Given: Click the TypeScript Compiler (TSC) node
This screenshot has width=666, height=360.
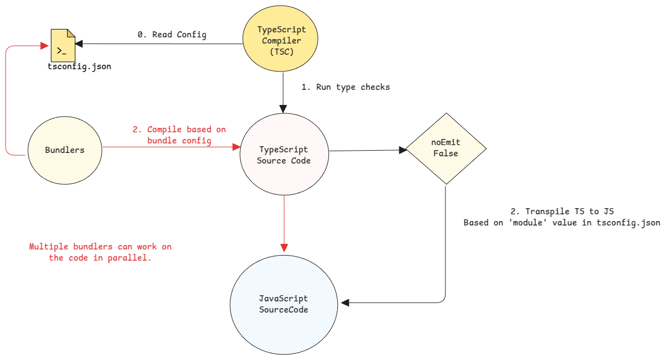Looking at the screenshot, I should pos(281,40).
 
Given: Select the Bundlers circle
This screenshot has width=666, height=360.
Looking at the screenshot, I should pos(65,150).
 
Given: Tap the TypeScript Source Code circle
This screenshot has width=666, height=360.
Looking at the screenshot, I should pos(284,155).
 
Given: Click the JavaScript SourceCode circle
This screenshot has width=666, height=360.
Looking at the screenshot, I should pos(284,304).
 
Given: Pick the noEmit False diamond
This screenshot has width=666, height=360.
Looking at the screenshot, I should pos(445,148).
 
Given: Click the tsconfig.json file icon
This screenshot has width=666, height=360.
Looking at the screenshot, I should pos(62,46).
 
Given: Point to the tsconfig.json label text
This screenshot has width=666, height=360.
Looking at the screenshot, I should pos(79,67).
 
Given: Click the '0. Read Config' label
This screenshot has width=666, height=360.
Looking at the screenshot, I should pos(172,35).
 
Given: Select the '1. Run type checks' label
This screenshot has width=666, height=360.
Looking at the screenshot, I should pos(346,87).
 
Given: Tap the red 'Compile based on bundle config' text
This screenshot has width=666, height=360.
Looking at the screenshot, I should pos(179,135).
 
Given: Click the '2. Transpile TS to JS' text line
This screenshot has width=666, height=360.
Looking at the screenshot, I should pos(562,212).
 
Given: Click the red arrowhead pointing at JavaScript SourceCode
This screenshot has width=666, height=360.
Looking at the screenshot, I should pos(284,247).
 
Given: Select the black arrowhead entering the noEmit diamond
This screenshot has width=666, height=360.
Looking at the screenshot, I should pos(401,150).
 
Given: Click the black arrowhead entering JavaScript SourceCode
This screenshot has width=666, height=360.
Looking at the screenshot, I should pos(345,303).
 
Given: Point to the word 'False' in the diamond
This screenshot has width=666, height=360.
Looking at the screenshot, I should pos(445,153).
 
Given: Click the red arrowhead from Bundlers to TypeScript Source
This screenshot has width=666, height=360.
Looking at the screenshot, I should pos(235,147).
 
